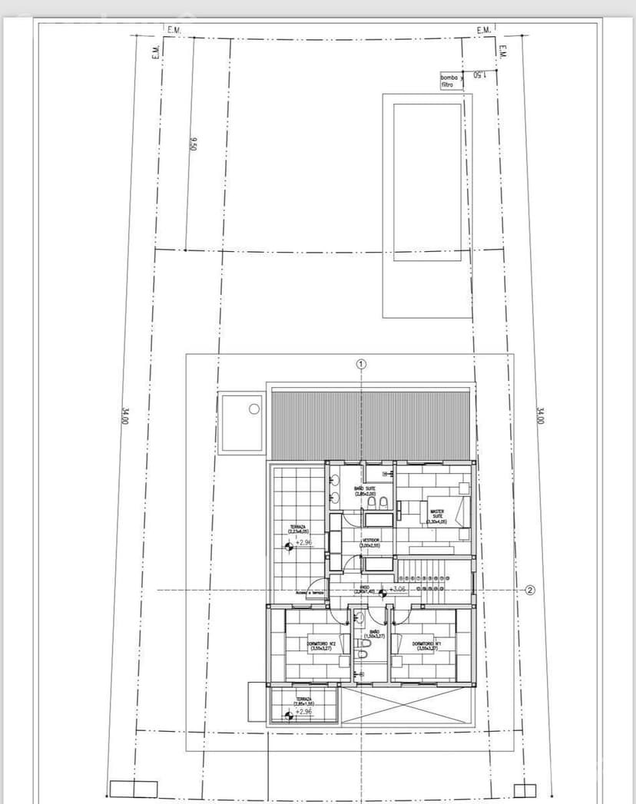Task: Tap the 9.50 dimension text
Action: click(194, 144)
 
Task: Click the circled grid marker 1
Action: click(362, 364)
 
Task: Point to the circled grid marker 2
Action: click(530, 590)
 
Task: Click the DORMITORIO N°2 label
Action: click(319, 646)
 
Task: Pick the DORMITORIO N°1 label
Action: click(425, 646)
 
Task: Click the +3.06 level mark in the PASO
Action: click(397, 589)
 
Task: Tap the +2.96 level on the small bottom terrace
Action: click(304, 712)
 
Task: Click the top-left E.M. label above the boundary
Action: click(173, 29)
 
